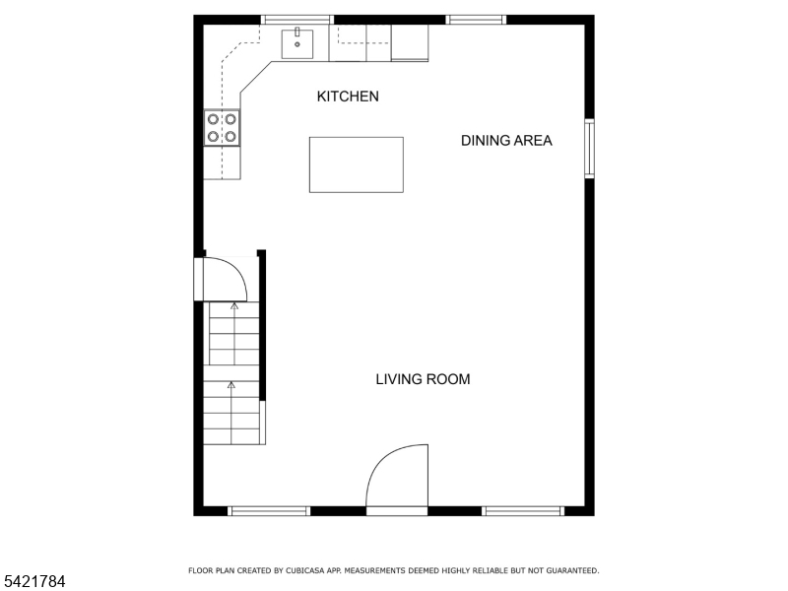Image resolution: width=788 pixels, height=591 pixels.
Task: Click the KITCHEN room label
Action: coord(348,96)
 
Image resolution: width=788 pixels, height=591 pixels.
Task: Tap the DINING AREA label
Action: coord(506,140)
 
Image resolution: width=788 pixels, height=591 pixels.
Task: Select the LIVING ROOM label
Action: coord(424,379)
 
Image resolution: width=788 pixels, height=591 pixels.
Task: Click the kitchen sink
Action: coord(297,44)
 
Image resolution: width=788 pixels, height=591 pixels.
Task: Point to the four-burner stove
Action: coord(222,128)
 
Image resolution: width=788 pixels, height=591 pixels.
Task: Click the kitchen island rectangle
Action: coord(357,164)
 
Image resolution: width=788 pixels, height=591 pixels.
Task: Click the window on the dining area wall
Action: coord(589,149)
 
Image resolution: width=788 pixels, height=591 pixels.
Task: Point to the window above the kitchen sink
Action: coord(297,20)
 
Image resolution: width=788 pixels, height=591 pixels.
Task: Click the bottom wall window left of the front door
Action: coord(269,511)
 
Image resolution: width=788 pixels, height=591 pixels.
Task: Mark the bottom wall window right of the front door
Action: coord(523,511)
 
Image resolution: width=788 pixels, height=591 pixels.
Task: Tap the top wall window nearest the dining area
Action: coord(476,20)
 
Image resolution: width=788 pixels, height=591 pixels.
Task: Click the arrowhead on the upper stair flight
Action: coord(234,305)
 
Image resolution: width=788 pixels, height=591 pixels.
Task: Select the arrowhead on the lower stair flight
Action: coord(231,385)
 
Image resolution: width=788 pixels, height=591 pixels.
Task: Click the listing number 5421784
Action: coord(33,581)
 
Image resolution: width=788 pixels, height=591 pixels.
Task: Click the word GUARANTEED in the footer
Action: coord(570,570)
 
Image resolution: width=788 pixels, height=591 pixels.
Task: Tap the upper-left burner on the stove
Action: coord(213,119)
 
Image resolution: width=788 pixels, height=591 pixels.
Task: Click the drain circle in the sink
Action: coord(297,44)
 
